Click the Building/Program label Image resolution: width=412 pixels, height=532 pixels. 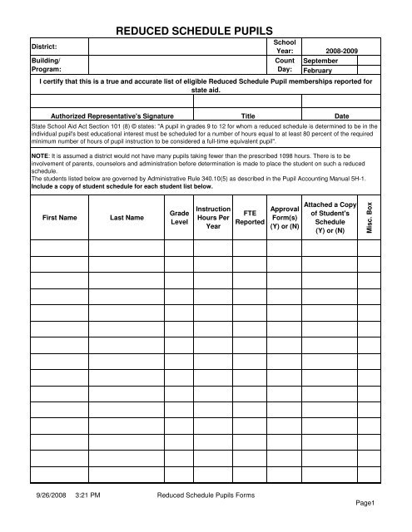click(x=47, y=66)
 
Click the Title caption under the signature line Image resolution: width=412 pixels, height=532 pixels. click(x=247, y=116)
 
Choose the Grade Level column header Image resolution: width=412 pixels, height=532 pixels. click(x=178, y=218)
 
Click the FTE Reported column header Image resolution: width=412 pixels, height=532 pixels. click(x=250, y=218)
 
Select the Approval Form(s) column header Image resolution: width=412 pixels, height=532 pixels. click(x=285, y=218)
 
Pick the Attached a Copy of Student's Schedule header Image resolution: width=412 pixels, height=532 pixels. click(x=331, y=218)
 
